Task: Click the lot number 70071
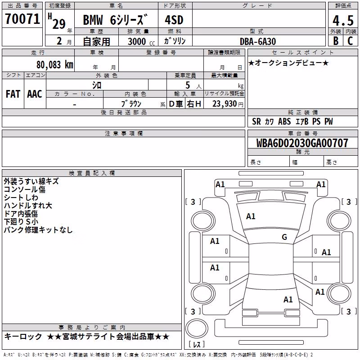point(22,19)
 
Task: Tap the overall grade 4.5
point(343,20)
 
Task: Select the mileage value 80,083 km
point(54,65)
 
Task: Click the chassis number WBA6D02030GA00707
point(302,143)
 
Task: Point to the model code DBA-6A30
point(257,41)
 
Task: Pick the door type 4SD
point(174,20)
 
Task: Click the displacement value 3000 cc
point(141,42)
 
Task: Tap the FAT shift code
point(13,94)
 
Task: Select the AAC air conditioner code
point(35,94)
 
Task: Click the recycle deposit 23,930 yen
point(228,104)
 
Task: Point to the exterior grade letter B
point(336,41)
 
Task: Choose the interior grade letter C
point(350,41)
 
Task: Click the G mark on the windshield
point(284,237)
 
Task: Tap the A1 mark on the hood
point(251,216)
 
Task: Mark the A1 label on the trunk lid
point(288,299)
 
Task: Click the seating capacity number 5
point(188,85)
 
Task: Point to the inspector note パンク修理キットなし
point(38,229)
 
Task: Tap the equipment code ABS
point(284,121)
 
